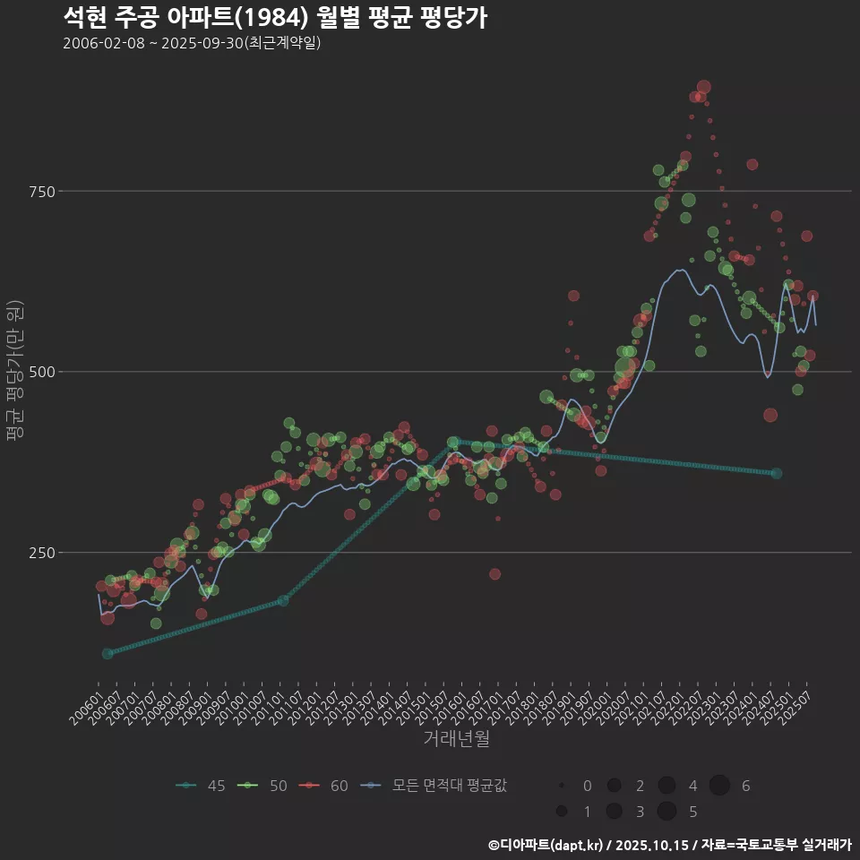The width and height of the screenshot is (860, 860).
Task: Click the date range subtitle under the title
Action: (192, 44)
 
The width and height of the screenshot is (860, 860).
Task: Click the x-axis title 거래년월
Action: (456, 739)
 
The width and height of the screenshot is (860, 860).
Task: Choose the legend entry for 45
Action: (201, 786)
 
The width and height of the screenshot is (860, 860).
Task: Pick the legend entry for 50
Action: (263, 786)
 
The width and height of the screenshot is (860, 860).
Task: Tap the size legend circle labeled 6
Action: (719, 786)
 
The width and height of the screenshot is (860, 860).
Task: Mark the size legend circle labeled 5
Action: (666, 812)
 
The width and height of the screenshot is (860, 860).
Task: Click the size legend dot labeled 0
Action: (562, 786)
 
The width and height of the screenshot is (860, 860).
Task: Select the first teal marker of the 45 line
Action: (107, 653)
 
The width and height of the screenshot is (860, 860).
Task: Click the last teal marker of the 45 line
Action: (776, 473)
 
